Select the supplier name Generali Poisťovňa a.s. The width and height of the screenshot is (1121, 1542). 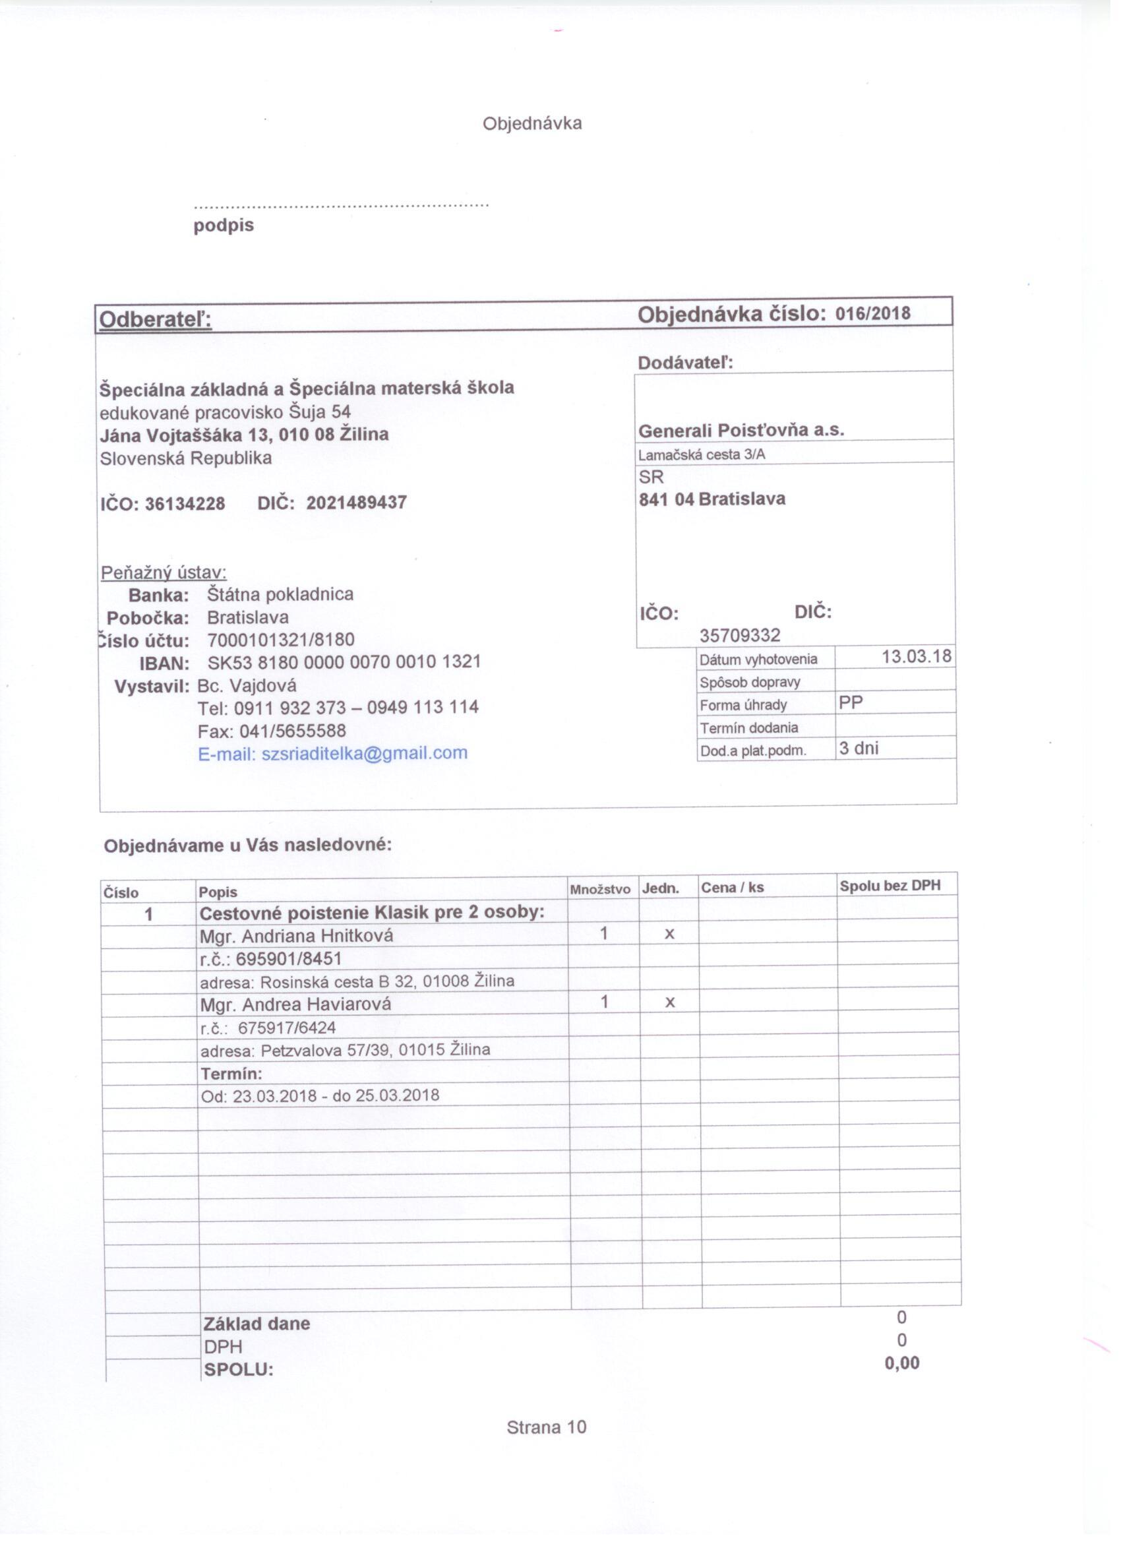click(x=741, y=431)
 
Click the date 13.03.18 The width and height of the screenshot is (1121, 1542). click(x=916, y=657)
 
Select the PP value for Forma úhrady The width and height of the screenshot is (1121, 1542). click(x=851, y=703)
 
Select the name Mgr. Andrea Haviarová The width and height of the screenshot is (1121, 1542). click(x=295, y=1004)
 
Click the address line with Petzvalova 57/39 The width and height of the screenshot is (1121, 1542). click(x=346, y=1050)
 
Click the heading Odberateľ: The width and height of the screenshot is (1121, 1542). click(x=156, y=320)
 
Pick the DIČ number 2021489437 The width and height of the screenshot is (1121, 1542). click(x=356, y=503)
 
